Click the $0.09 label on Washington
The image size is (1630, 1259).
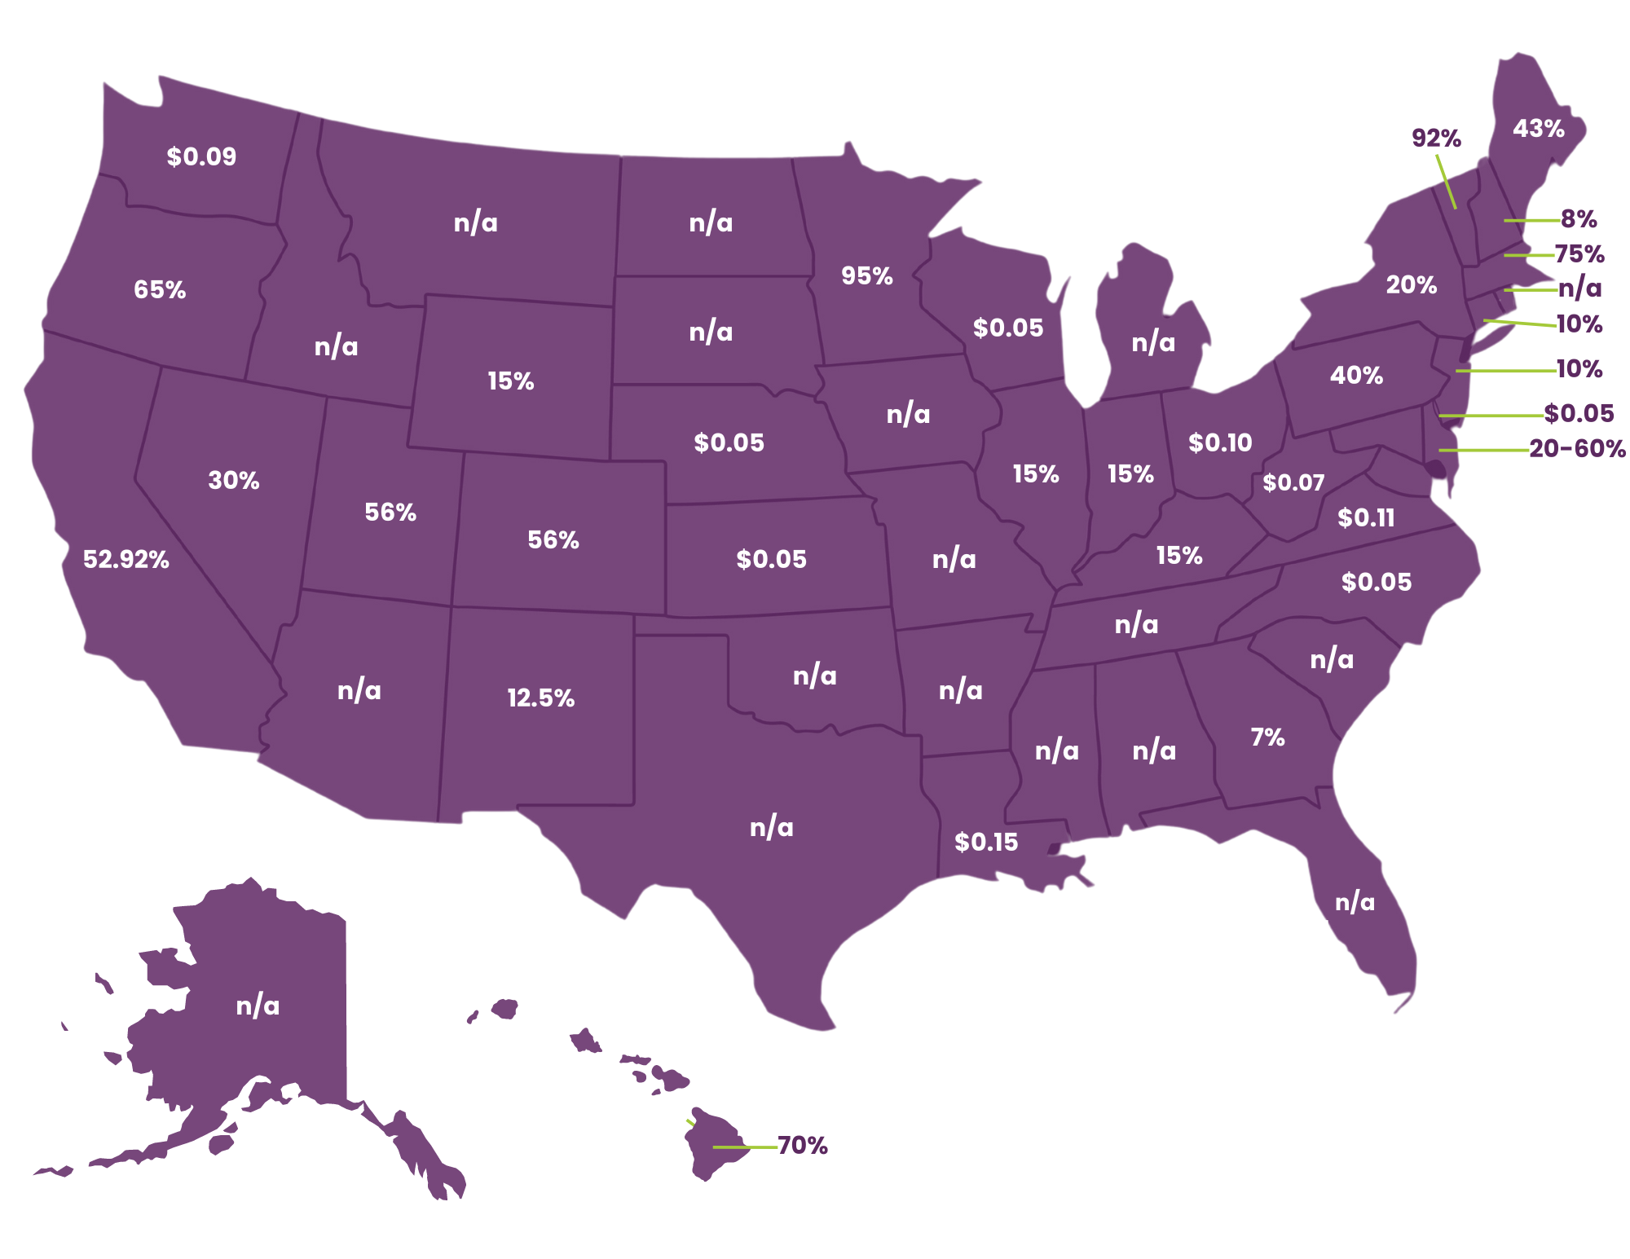tap(201, 156)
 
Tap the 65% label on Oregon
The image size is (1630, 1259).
tap(160, 289)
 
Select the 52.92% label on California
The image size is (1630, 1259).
tap(126, 559)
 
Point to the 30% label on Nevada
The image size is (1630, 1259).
tap(234, 480)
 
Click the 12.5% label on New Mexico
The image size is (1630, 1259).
tap(540, 698)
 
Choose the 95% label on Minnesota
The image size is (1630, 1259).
tap(867, 275)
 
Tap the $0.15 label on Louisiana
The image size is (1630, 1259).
tap(986, 842)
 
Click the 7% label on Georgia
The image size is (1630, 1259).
tap(1267, 737)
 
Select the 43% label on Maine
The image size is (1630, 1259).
tap(1538, 128)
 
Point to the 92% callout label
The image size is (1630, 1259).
tap(1436, 138)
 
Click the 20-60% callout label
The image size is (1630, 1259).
tap(1577, 449)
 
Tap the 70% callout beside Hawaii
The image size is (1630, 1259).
tap(802, 1145)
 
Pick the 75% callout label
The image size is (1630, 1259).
tap(1579, 254)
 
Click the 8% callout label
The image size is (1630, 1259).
tap(1579, 218)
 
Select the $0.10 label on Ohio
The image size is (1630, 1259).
tap(1219, 442)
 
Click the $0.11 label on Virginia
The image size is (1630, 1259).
tap(1366, 517)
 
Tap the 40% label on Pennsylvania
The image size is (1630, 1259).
tap(1356, 375)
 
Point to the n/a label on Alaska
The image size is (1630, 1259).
tap(258, 1006)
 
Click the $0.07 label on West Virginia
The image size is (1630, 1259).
tap(1293, 482)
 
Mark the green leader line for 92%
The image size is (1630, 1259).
tap(1446, 181)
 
